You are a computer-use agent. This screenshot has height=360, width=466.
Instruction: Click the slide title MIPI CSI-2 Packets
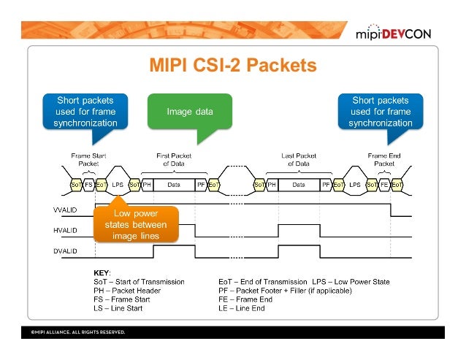click(x=233, y=66)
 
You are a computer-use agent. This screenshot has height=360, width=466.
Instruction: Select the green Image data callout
click(x=190, y=112)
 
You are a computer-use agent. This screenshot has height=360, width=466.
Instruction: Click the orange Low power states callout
click(x=135, y=224)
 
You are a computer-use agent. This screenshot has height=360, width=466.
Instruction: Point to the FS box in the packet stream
click(x=88, y=185)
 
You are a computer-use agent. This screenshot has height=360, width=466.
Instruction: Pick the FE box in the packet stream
click(x=384, y=185)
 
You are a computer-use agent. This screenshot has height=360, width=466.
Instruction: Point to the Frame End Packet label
click(x=383, y=159)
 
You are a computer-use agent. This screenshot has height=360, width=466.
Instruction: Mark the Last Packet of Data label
click(x=297, y=159)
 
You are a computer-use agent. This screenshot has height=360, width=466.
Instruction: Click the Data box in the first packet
click(x=174, y=185)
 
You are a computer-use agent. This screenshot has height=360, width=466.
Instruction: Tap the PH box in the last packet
click(x=272, y=185)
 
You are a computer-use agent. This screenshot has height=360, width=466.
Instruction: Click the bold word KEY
click(x=103, y=272)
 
